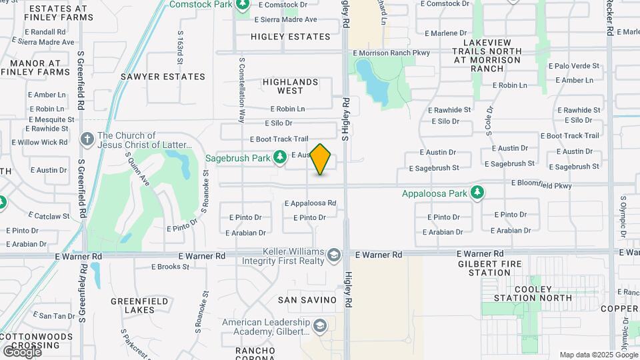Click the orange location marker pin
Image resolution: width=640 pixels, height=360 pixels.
click(x=321, y=159)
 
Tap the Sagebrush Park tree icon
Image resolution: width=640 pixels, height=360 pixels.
click(x=281, y=157)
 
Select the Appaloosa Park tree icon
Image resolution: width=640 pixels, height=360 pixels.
click(x=477, y=193)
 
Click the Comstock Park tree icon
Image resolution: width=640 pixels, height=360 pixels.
click(x=243, y=5)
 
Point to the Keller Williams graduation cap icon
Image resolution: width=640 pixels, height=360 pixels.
click(x=333, y=254)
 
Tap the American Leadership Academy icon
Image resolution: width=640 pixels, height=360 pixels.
click(x=319, y=326)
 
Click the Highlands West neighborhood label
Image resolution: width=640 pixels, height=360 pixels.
click(x=290, y=86)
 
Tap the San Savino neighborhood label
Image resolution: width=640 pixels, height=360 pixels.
click(x=307, y=300)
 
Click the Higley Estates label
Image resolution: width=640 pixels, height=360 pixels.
click(x=291, y=37)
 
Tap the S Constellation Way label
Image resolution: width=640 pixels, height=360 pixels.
click(x=241, y=89)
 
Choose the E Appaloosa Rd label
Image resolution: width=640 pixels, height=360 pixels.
click(x=310, y=203)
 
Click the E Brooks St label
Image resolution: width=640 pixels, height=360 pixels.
click(x=171, y=267)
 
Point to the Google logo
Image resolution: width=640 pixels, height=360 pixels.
click(x=22, y=351)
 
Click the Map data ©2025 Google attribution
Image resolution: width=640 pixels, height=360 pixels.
click(x=598, y=355)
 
